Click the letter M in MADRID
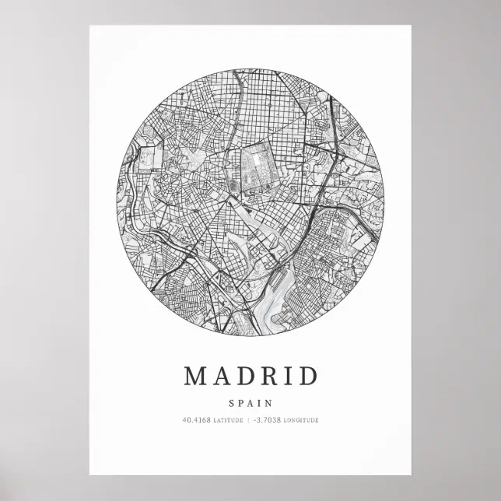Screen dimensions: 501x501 pos(194,376)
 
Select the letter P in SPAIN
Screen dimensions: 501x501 pos(241,403)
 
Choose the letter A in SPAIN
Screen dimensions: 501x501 pos(250,403)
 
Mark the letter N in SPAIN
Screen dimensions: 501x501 pos(268,403)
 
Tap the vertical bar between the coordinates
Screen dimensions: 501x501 pos(247,421)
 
